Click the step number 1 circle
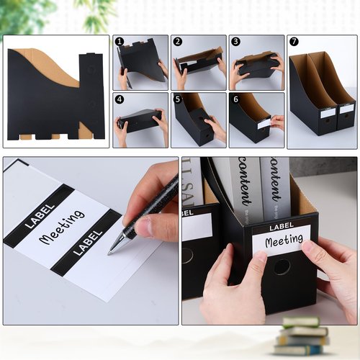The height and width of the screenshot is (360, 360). tap(120, 42)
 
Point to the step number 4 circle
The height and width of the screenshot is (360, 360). tap(120, 99)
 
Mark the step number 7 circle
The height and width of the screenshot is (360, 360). tap(294, 42)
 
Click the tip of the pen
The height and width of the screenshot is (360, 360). tap(110, 253)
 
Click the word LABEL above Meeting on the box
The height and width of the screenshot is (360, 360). tap(282, 228)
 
